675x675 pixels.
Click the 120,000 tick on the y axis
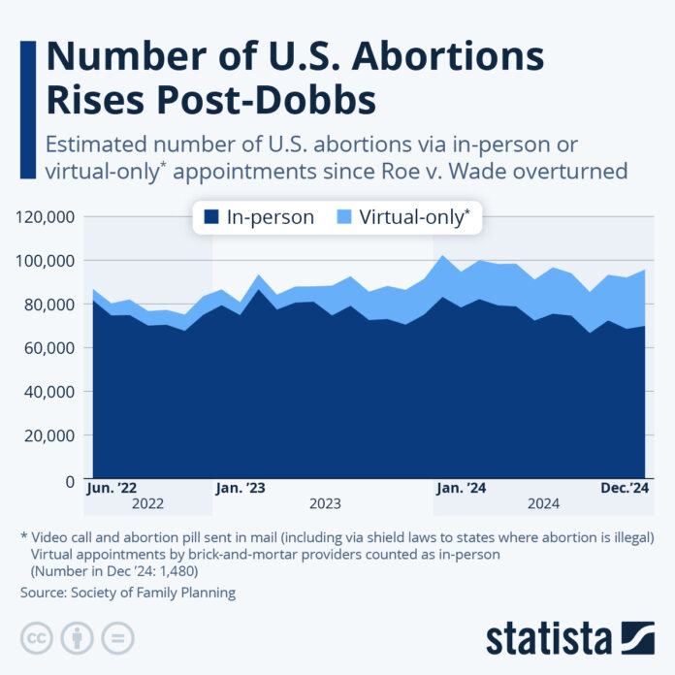(43, 216)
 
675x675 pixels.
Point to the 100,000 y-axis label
(43, 260)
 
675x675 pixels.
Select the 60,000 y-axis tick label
(47, 347)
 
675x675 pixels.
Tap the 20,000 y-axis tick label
(47, 435)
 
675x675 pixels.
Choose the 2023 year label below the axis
(325, 504)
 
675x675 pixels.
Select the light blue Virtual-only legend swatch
(345, 217)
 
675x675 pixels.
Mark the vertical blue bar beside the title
(25, 107)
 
